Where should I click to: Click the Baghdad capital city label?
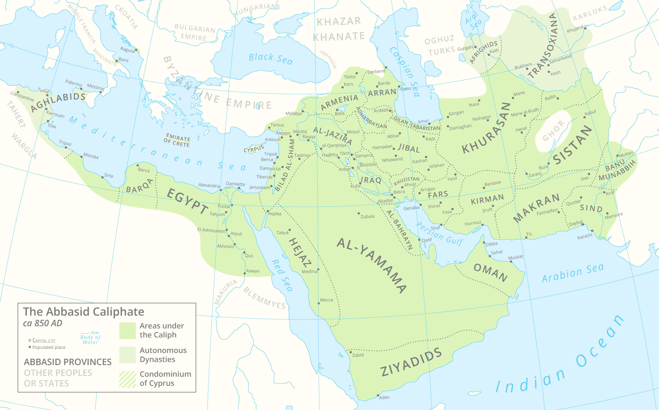pos(368,164)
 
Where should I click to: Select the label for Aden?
pos(384,398)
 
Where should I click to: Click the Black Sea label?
pos(271,59)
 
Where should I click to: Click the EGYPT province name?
pos(188,201)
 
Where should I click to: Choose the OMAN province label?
pos(491,273)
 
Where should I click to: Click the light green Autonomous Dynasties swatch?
pos(127,355)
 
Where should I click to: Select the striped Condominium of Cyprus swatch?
pos(127,379)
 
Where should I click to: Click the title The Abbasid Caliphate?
pos(83,312)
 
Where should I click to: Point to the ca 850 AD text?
pos(43,323)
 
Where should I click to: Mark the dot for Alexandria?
pos(221,190)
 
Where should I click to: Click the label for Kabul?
pos(590,113)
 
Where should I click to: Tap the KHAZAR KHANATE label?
pos(339,29)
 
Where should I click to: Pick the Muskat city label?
pos(516,257)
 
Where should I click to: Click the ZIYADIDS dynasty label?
pos(411,363)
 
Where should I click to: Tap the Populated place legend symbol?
pos(30,347)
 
